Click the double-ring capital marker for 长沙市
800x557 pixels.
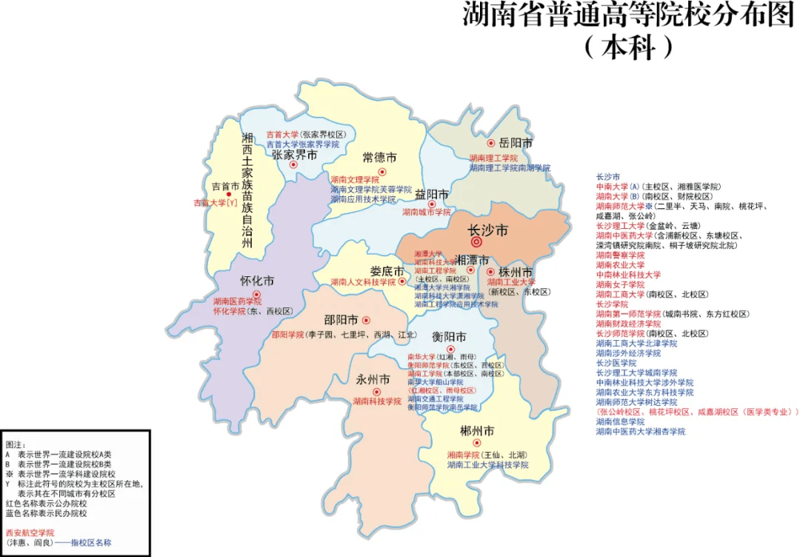[x=476, y=241]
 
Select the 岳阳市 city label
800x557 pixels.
[x=516, y=143]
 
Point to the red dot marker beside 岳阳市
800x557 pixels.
[x=490, y=143]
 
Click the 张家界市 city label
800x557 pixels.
[x=294, y=155]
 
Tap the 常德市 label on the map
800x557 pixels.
[x=379, y=158]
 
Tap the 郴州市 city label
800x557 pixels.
[x=476, y=430]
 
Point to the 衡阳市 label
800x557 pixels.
[x=449, y=336]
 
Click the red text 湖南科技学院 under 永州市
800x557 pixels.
[x=376, y=401]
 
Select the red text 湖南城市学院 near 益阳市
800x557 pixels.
[x=426, y=212]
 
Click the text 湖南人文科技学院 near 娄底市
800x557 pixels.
[x=363, y=282]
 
